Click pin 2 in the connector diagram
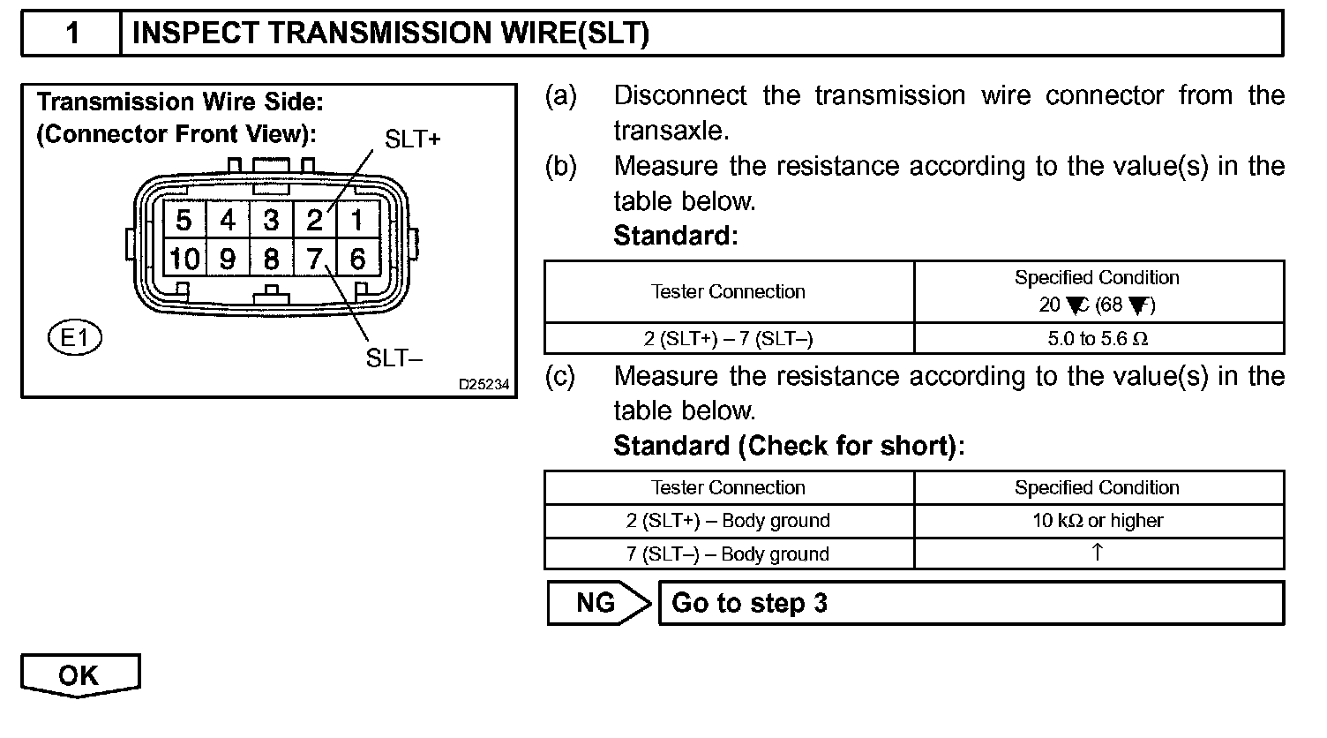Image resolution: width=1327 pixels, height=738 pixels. pyautogui.click(x=314, y=219)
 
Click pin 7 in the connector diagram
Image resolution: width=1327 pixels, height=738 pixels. pyautogui.click(x=314, y=260)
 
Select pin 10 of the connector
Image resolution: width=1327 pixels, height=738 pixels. pyautogui.click(x=185, y=260)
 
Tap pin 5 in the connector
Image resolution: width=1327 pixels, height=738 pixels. pyautogui.click(x=184, y=219)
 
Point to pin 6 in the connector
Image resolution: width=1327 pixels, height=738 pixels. pyautogui.click(x=357, y=260)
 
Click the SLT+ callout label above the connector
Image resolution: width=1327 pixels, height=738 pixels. pyautogui.click(x=412, y=139)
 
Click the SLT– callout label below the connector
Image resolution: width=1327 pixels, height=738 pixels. pyautogui.click(x=394, y=358)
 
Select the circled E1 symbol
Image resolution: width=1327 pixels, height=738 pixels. pyautogui.click(x=76, y=338)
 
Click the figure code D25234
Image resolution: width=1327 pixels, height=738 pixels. pyautogui.click(x=484, y=385)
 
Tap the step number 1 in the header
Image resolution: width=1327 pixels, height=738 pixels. pyautogui.click(x=72, y=34)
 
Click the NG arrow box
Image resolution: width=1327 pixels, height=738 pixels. pyautogui.click(x=597, y=603)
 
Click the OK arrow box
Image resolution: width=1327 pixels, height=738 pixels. pyautogui.click(x=79, y=675)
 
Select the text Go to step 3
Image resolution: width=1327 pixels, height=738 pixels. pyautogui.click(x=749, y=604)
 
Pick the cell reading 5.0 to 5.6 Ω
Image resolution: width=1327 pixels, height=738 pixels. pyautogui.click(x=1098, y=339)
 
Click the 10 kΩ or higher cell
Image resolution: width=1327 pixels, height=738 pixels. pyautogui.click(x=1098, y=521)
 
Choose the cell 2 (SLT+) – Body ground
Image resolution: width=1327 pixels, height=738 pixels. pyautogui.click(x=728, y=521)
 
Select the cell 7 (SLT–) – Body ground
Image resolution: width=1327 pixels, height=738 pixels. pyautogui.click(x=728, y=554)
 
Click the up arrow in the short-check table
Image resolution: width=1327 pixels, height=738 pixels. pyautogui.click(x=1097, y=553)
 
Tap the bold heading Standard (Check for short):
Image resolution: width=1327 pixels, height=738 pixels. pyautogui.click(x=789, y=446)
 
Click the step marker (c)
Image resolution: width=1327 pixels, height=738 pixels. pyautogui.click(x=560, y=377)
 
